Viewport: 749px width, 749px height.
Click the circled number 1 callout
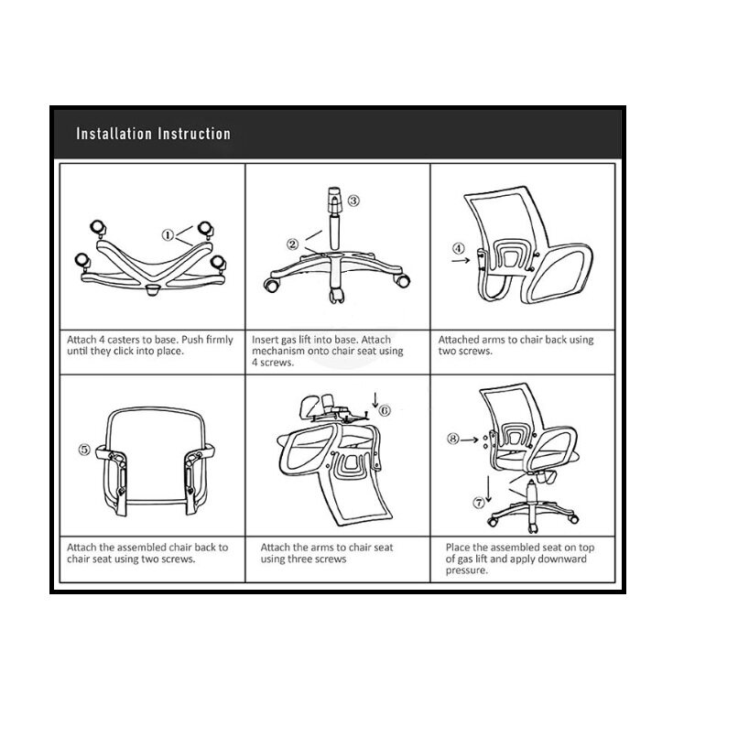[x=168, y=235]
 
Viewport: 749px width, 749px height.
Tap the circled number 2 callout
[x=292, y=244]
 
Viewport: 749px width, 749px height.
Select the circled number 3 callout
[x=353, y=201]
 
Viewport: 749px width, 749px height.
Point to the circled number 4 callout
[x=459, y=248]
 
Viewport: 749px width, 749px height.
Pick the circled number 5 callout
[x=84, y=450]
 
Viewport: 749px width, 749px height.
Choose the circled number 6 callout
[x=385, y=410]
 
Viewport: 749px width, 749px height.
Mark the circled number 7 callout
[x=479, y=503]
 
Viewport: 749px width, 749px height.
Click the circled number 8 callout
[x=453, y=439]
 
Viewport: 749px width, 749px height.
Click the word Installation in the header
[x=114, y=134]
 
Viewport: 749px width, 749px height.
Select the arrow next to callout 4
[x=461, y=260]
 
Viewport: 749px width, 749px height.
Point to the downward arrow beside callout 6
[x=375, y=400]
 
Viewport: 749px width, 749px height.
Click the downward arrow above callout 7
[x=489, y=489]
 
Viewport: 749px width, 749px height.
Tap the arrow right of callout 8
[x=470, y=440]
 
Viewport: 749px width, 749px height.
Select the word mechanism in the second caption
[x=278, y=351]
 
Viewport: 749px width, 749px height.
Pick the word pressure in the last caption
[x=467, y=570]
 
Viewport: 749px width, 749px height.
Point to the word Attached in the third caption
[x=459, y=340]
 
